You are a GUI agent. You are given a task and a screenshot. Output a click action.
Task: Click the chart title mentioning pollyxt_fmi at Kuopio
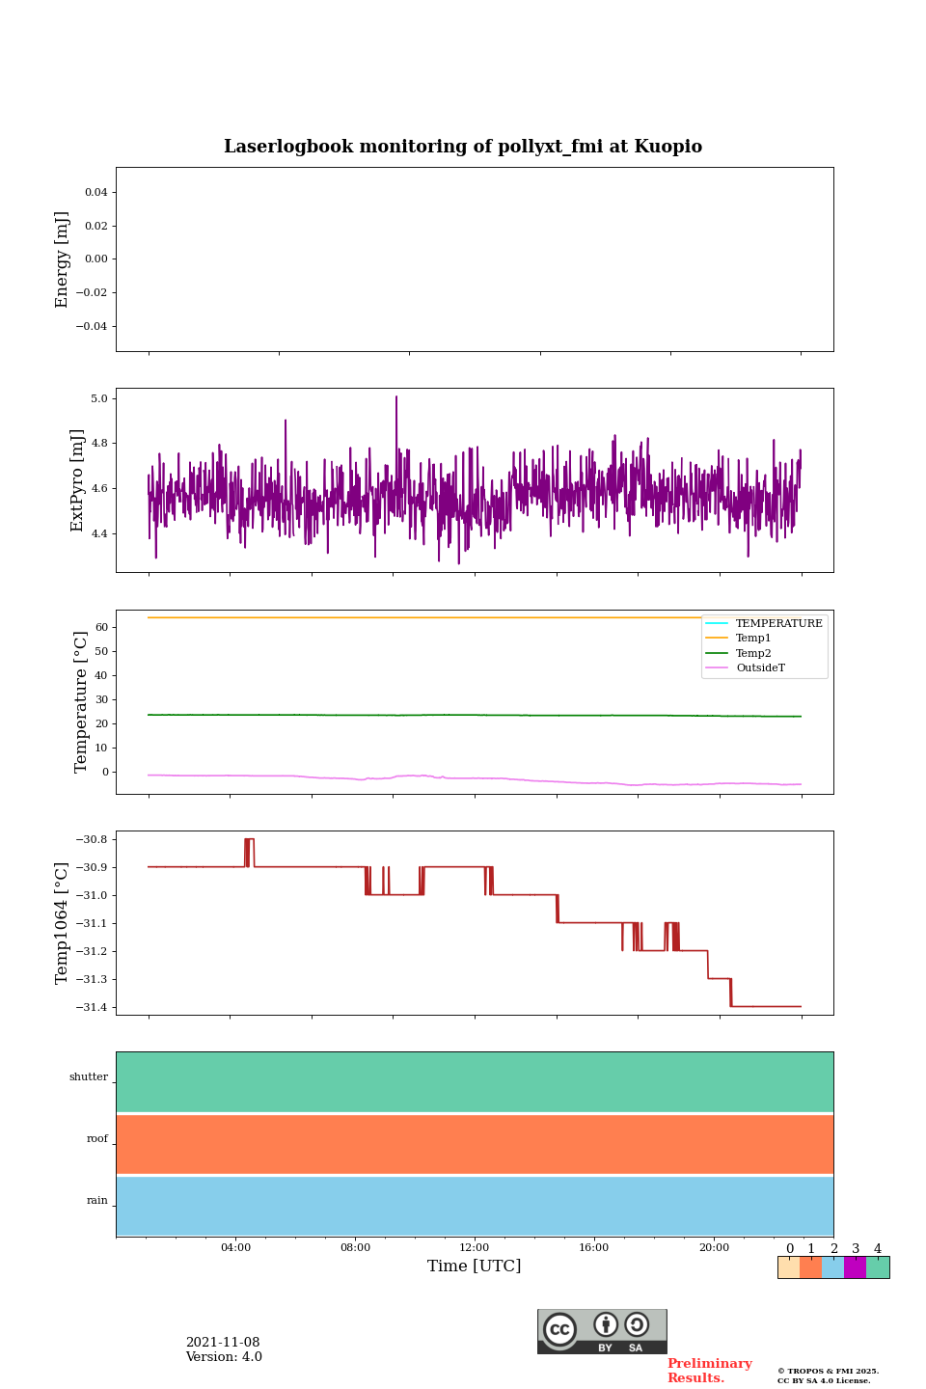coord(463,147)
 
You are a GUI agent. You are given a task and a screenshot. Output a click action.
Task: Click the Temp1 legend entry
coord(753,639)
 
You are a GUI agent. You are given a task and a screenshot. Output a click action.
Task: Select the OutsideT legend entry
coord(760,668)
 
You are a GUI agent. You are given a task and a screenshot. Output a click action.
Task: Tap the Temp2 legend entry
coord(753,653)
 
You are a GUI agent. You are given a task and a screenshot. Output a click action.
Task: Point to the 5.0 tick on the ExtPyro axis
coord(98,398)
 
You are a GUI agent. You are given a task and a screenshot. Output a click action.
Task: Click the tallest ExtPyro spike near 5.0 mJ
coord(395,397)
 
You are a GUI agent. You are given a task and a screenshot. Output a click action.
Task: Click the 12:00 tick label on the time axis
coord(475,1248)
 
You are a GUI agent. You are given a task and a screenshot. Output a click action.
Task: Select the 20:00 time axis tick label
coord(714,1248)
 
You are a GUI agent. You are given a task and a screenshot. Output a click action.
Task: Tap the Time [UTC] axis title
coord(475,1266)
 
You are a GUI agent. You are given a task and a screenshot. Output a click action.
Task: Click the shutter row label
coord(89,1077)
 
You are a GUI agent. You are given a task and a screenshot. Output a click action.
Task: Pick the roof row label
coord(97,1139)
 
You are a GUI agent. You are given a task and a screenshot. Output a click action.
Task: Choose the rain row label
coord(97,1201)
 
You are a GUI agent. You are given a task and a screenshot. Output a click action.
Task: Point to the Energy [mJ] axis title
coord(63,259)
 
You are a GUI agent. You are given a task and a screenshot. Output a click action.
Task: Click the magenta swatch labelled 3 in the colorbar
coord(855,1267)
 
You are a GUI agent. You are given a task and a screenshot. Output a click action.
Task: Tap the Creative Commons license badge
coord(602,1331)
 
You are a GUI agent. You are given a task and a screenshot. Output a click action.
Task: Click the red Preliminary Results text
coord(709,1371)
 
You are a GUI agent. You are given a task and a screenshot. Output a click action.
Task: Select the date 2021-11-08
coord(223,1343)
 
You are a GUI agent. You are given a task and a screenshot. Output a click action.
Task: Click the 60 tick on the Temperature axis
coord(100,627)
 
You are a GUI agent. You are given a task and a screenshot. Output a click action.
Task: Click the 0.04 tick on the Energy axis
coord(95,192)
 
